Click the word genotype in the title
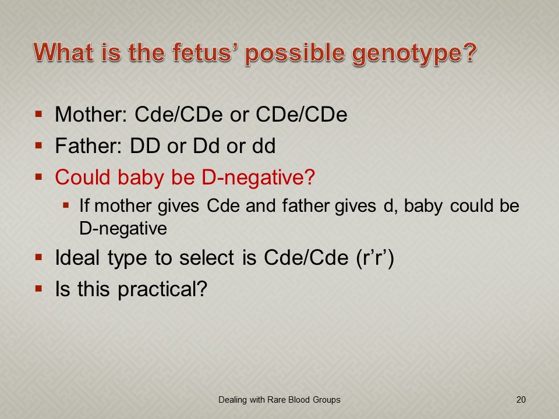click(x=414, y=54)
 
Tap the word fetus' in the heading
click(x=206, y=52)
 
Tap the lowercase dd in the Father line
click(x=264, y=145)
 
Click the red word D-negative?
click(x=258, y=177)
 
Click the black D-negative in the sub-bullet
click(x=123, y=229)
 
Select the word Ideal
click(x=77, y=257)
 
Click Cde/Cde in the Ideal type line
click(x=306, y=257)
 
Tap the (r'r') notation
click(x=375, y=258)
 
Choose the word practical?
click(x=162, y=289)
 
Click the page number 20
click(x=521, y=400)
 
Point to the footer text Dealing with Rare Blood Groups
click(x=279, y=400)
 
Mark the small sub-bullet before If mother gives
click(x=66, y=205)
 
